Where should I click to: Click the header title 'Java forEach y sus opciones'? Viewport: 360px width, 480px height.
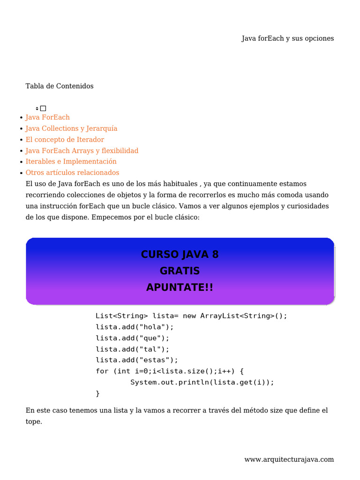coord(287,38)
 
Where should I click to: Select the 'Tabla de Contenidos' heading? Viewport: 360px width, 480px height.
coord(60,86)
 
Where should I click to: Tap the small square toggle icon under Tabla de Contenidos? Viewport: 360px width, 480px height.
coord(43,108)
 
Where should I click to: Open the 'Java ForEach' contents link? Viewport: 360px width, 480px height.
coord(47,117)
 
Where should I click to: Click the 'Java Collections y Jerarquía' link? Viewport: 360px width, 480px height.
coord(71,128)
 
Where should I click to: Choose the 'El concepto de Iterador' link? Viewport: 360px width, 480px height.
coord(65,140)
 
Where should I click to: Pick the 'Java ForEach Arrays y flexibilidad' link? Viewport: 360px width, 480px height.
coord(82,150)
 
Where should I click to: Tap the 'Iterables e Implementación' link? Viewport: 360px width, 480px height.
coord(71,161)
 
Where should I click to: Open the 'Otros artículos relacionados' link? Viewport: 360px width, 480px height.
coord(72,172)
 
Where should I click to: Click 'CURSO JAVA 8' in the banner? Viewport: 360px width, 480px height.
coord(180,255)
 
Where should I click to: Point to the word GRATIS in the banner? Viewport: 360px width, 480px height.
coord(180,271)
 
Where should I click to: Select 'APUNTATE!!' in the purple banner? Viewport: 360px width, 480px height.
coord(180,287)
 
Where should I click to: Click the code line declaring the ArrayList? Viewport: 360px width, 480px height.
coord(191,316)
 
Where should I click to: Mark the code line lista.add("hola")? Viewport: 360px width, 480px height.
coord(135,327)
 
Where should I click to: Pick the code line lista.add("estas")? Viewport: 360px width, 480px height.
coord(137,360)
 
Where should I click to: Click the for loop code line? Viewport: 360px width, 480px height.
coord(169,371)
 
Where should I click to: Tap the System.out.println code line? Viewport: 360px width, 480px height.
coord(202,382)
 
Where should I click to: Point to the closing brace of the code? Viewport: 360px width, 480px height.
coord(97,393)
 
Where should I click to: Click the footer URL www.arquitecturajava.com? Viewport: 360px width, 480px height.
coord(289,459)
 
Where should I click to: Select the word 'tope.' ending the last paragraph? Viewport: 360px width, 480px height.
coord(34,421)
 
